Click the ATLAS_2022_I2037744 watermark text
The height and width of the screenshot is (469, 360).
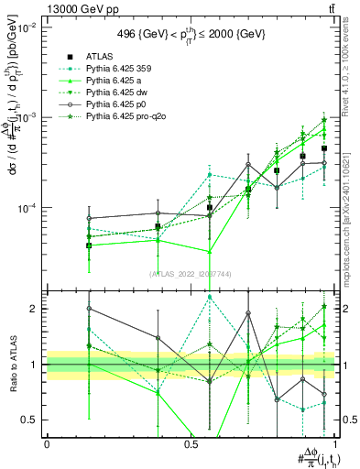[189, 274]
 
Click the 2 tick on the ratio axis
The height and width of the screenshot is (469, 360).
[33, 309]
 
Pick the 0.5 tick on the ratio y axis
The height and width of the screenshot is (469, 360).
[29, 420]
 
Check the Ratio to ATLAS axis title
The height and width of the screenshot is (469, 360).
[11, 365]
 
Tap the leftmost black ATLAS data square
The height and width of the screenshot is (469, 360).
[89, 245]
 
